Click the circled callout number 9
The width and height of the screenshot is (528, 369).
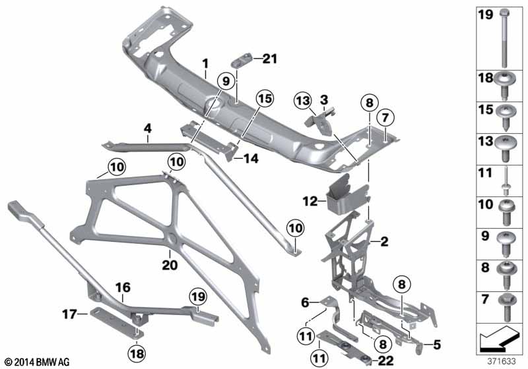226,81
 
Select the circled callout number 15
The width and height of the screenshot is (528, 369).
265,99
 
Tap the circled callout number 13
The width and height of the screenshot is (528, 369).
303,100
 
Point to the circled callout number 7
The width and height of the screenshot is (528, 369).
385,118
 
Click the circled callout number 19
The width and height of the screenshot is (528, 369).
198,297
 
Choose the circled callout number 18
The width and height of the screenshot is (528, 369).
137,354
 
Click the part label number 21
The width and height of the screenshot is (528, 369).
270,59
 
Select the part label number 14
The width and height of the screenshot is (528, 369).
251,158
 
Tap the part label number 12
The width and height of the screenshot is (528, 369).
310,202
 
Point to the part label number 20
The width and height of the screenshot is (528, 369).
170,265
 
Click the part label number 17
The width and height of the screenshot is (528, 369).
70,314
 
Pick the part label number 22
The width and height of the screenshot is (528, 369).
385,360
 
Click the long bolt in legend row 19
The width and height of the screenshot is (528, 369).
504,39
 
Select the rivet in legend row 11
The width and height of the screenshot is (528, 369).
505,181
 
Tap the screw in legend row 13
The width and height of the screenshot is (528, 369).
505,148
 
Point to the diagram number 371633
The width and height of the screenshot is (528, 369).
502,361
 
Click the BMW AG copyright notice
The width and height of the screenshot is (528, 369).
38,362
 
